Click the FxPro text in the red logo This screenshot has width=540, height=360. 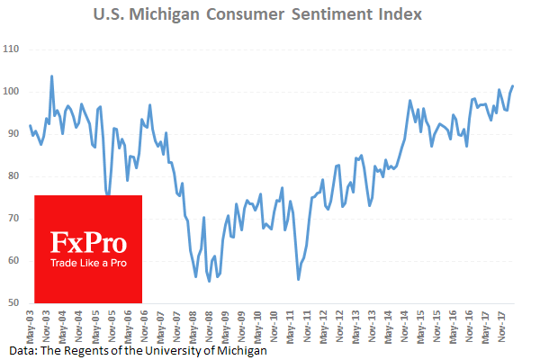click(x=87, y=243)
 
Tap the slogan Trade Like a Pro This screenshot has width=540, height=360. click(x=87, y=263)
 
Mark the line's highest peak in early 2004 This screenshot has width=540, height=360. click(x=51, y=76)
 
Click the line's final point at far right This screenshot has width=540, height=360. click(x=513, y=86)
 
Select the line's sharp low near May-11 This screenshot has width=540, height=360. click(x=298, y=280)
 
